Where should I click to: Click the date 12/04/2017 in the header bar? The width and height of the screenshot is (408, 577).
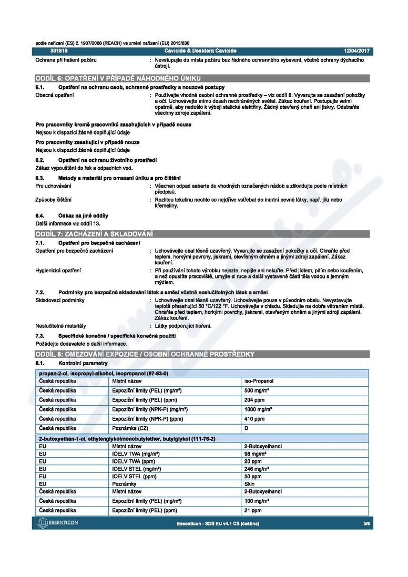click(357, 50)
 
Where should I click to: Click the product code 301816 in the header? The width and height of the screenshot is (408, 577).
click(59, 50)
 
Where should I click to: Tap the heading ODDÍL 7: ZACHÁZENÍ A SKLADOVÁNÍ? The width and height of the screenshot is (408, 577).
click(94, 233)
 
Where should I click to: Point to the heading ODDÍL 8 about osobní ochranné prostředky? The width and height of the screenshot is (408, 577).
click(145, 354)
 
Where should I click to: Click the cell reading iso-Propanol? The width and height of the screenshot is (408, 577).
click(259, 381)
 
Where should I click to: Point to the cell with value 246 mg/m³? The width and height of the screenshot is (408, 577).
click(257, 468)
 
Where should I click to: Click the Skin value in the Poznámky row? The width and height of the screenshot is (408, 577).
click(249, 483)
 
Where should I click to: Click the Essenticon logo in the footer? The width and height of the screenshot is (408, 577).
click(59, 523)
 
